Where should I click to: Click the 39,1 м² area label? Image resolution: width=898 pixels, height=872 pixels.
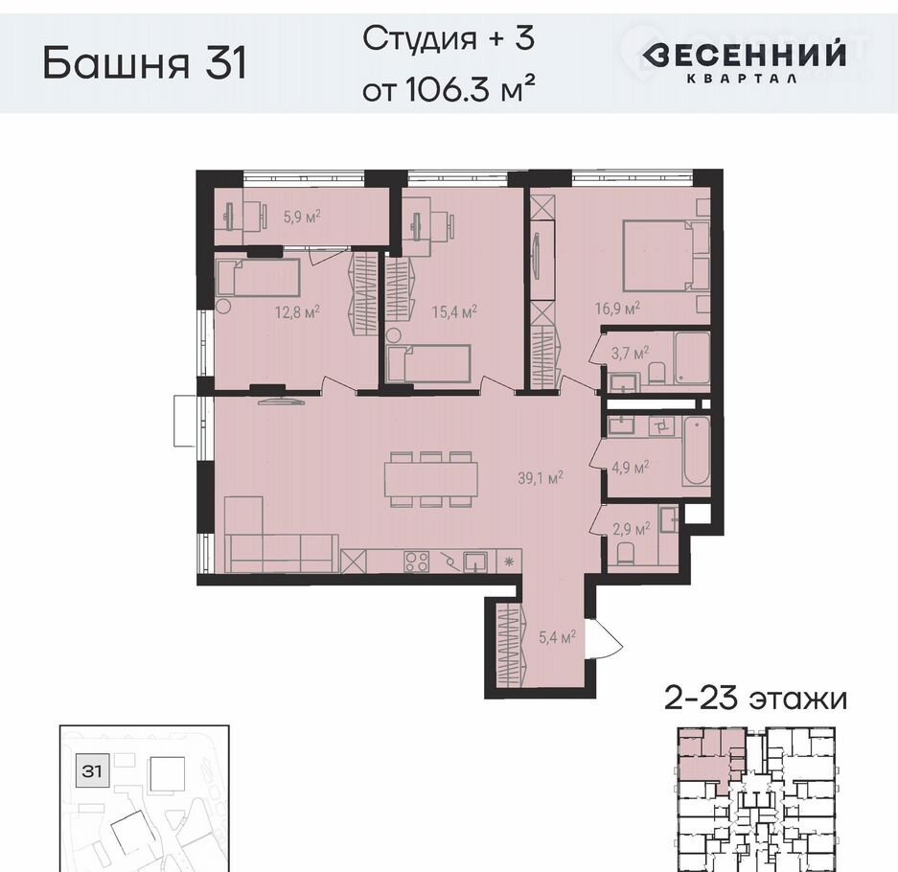[541, 477]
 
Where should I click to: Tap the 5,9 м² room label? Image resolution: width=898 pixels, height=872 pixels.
[302, 217]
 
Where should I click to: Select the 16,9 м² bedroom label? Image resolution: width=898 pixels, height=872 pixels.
[617, 309]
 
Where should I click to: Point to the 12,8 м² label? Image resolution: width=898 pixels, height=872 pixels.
[297, 312]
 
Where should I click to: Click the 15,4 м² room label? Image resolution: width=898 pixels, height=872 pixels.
[454, 312]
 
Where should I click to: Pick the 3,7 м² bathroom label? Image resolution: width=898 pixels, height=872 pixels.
[630, 353]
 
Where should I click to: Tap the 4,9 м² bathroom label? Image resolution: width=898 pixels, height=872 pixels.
[630, 468]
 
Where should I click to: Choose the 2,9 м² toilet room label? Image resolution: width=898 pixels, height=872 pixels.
[632, 528]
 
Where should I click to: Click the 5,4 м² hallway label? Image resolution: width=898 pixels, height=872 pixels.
[557, 636]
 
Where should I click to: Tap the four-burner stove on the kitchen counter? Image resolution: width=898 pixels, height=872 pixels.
[416, 562]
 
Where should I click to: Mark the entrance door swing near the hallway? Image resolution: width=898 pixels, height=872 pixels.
[604, 639]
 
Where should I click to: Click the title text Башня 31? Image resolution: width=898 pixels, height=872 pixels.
[145, 62]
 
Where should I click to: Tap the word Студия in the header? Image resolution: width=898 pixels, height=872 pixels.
[420, 38]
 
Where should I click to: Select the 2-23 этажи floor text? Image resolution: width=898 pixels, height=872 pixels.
[755, 700]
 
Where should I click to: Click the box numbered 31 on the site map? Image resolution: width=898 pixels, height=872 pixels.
[91, 771]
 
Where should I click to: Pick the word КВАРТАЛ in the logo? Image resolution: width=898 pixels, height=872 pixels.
[742, 79]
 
